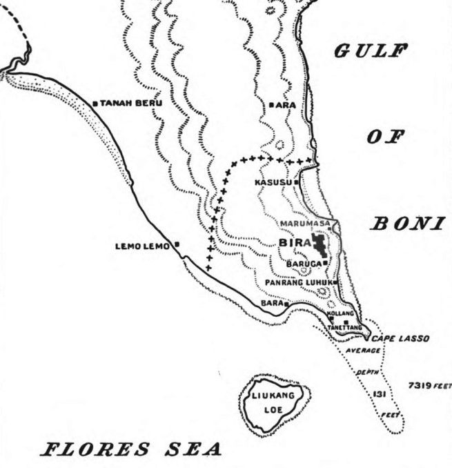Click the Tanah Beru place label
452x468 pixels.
131,104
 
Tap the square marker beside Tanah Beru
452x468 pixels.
95,104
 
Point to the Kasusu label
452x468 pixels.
273,182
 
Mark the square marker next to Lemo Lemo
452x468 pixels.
177,244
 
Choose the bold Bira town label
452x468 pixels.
293,243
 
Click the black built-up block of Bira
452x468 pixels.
319,245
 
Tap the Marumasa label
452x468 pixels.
305,224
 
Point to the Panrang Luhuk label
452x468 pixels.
298,283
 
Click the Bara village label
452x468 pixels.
271,303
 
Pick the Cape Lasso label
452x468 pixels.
400,339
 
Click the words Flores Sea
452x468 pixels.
132,449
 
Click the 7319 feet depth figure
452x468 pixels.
428,384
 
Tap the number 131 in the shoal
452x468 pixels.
378,394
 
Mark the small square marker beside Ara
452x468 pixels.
273,105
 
